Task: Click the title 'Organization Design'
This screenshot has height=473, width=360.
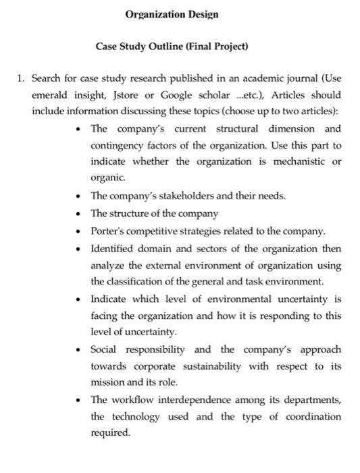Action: click(x=172, y=14)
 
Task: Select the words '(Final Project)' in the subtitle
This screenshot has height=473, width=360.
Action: click(x=217, y=47)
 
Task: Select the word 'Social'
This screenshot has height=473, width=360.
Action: click(x=105, y=349)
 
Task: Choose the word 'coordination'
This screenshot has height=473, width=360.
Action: click(x=313, y=416)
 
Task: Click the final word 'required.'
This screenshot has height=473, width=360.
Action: click(x=109, y=433)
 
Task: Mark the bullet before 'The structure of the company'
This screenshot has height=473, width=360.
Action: click(x=80, y=214)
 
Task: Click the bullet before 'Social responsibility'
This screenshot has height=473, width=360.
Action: click(x=80, y=349)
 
